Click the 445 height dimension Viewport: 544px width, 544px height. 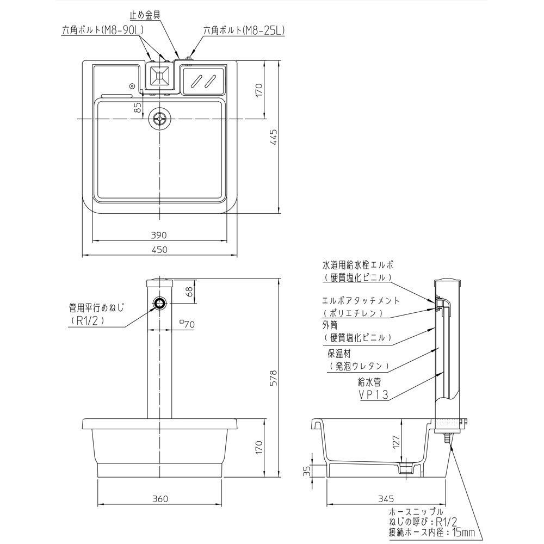point(274,137)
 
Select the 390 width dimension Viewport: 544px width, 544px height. point(159,235)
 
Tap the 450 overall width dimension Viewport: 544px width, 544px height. point(159,250)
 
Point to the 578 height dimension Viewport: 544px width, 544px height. point(274,378)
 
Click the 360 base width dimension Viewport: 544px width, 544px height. point(160,499)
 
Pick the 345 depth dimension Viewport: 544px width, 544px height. point(386,499)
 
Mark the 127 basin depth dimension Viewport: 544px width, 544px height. point(397,442)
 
